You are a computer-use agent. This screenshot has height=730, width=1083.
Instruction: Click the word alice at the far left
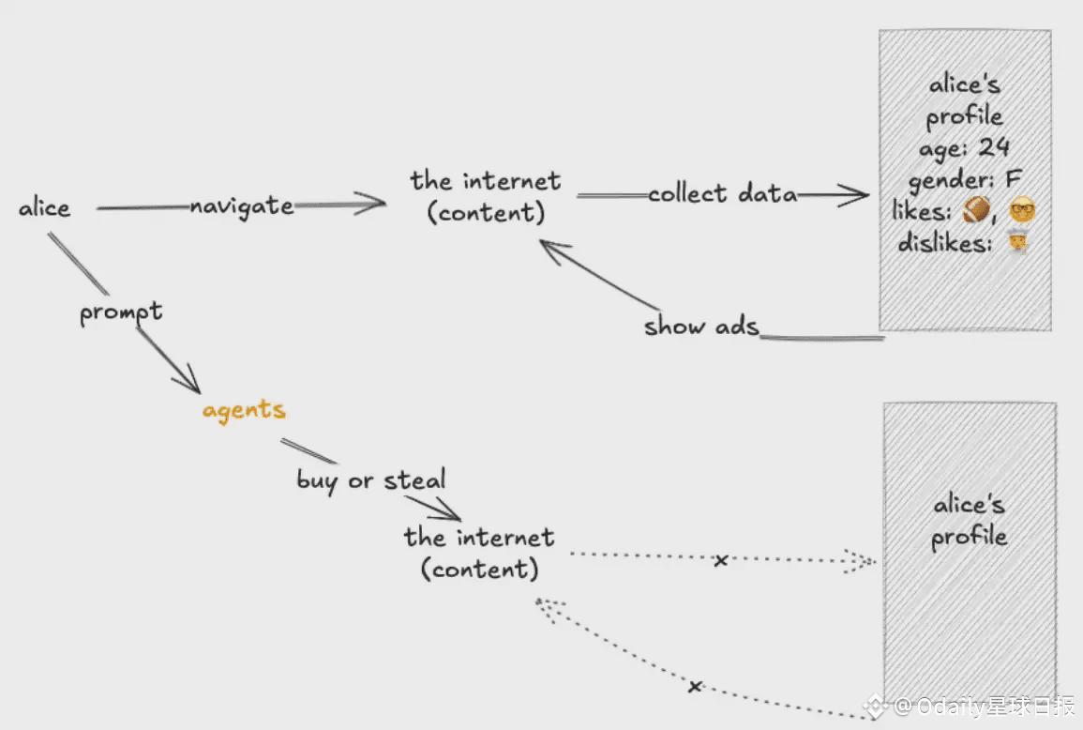44,207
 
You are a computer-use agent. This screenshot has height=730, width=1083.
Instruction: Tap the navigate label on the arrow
241,205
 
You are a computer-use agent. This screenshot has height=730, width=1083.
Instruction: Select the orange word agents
244,410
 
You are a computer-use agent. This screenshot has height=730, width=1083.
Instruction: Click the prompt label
120,312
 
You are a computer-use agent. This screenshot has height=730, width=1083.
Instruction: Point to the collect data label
722,194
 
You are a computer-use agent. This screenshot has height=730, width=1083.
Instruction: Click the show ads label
700,327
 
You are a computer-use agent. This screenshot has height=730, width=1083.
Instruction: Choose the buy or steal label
371,480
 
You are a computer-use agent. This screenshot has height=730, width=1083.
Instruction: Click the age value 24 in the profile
994,148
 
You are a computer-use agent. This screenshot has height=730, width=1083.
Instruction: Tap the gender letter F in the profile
1013,179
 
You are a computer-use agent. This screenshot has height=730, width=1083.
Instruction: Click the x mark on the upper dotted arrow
720,561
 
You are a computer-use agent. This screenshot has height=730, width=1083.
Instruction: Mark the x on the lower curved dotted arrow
694,687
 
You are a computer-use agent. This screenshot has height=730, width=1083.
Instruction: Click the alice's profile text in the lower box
969,521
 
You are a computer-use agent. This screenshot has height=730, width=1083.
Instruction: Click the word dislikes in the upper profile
944,244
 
